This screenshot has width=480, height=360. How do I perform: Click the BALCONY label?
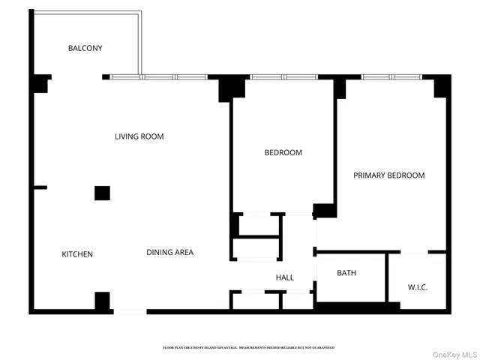(x=85, y=48)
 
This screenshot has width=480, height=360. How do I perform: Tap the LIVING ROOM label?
(x=139, y=136)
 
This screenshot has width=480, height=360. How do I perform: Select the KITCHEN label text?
(x=77, y=254)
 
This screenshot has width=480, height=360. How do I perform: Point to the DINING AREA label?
(x=169, y=252)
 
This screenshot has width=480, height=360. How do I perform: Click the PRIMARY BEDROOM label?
(x=388, y=175)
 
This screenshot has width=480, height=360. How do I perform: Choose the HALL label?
(x=284, y=277)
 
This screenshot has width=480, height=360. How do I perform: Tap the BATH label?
(x=346, y=273)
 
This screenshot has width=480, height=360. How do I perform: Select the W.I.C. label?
(x=417, y=287)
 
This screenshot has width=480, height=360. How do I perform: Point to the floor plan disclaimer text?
(x=248, y=348)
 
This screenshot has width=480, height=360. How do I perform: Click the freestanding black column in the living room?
(x=103, y=193)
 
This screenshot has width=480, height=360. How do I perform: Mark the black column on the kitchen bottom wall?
(x=102, y=301)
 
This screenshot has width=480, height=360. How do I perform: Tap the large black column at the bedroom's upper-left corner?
(x=232, y=89)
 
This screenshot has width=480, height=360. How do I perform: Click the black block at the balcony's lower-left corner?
(x=40, y=84)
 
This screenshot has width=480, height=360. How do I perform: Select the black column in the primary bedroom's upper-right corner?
(x=442, y=87)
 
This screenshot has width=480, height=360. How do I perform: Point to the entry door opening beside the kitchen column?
(x=129, y=311)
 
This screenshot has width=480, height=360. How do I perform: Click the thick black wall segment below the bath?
(x=356, y=307)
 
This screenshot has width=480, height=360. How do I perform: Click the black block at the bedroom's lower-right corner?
(x=325, y=210)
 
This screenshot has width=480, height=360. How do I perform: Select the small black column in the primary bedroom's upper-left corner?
(x=340, y=88)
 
